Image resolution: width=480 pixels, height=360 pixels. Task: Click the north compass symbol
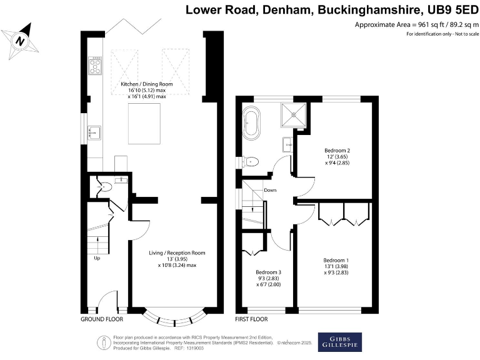pyautogui.click(x=20, y=41)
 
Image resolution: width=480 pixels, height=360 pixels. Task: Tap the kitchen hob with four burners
pyautogui.click(x=96, y=66)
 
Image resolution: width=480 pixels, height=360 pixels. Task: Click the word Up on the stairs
pyautogui.click(x=97, y=257)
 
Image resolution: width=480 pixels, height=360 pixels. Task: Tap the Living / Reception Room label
pyautogui.click(x=177, y=253)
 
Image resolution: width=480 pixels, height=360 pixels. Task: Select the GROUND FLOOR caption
pyautogui.click(x=102, y=319)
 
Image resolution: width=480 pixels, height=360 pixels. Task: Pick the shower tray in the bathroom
pyautogui.click(x=291, y=114)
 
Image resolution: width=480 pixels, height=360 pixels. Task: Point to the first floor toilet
pyautogui.click(x=251, y=161)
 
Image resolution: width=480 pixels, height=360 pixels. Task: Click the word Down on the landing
pyautogui.click(x=270, y=191)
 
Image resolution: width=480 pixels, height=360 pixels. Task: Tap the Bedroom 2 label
pyautogui.click(x=337, y=151)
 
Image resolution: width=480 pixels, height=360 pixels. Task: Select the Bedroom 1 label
pyautogui.click(x=336, y=260)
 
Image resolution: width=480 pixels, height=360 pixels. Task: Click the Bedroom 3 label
pyautogui.click(x=269, y=272)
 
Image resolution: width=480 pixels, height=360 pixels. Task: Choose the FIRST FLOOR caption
pyautogui.click(x=251, y=319)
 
